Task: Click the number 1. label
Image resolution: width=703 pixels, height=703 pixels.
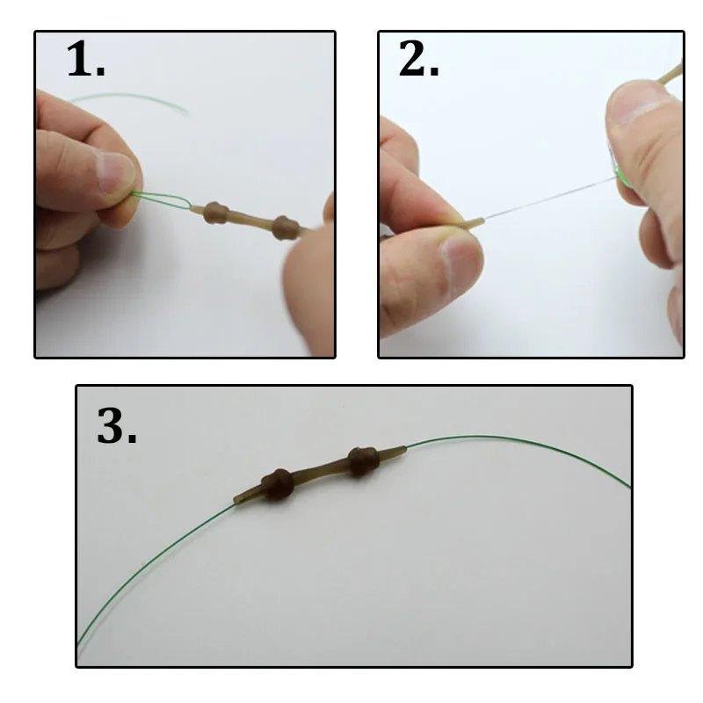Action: (86, 62)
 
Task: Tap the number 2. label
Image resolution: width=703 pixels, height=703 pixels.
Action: (419, 62)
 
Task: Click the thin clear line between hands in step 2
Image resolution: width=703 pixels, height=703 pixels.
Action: (545, 198)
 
